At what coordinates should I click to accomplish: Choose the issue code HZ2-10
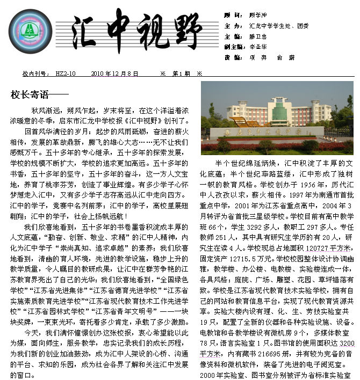click(66, 74)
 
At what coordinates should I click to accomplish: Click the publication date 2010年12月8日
click(115, 74)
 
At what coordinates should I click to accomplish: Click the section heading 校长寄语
click(30, 95)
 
